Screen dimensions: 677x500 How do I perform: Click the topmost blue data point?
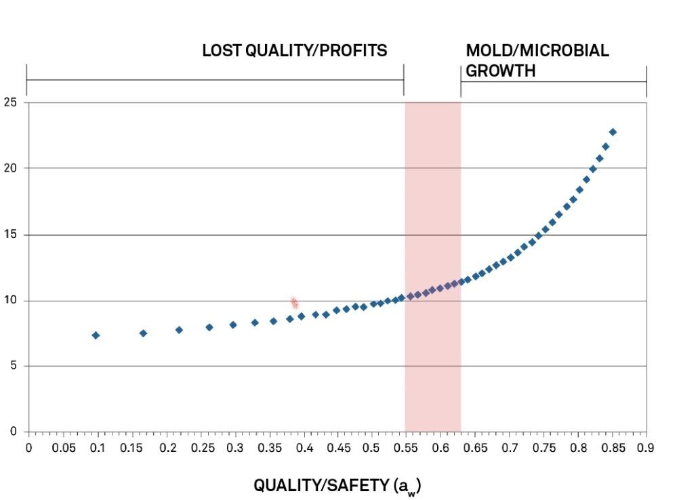click(x=612, y=132)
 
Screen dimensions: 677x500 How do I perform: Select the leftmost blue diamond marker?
click(x=96, y=335)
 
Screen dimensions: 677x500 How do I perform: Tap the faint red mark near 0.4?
click(x=295, y=303)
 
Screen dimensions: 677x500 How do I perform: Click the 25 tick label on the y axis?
click(x=10, y=102)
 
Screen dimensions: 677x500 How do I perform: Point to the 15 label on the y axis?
click(x=10, y=234)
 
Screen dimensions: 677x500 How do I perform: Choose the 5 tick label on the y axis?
click(x=13, y=366)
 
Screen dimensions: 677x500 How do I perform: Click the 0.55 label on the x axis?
click(x=405, y=448)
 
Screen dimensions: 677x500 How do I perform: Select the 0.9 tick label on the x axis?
click(x=645, y=448)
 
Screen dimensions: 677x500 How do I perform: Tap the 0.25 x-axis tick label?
click(x=203, y=448)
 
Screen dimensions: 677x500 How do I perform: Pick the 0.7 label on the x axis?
click(x=510, y=448)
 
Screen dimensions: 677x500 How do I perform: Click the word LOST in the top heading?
click(x=222, y=51)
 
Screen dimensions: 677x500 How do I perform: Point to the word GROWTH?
click(x=500, y=71)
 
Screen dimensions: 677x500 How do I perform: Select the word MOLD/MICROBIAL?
click(x=537, y=51)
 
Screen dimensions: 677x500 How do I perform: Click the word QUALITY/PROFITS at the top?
click(x=316, y=51)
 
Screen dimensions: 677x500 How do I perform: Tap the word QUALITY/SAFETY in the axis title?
click(x=321, y=485)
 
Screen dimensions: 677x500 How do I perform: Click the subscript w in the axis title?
click(x=411, y=492)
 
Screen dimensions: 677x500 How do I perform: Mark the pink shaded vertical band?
click(x=432, y=267)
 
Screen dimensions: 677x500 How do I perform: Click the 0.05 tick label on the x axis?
click(x=64, y=448)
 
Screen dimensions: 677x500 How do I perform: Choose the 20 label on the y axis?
click(x=10, y=168)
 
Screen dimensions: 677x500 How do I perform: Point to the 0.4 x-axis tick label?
click(x=304, y=448)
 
